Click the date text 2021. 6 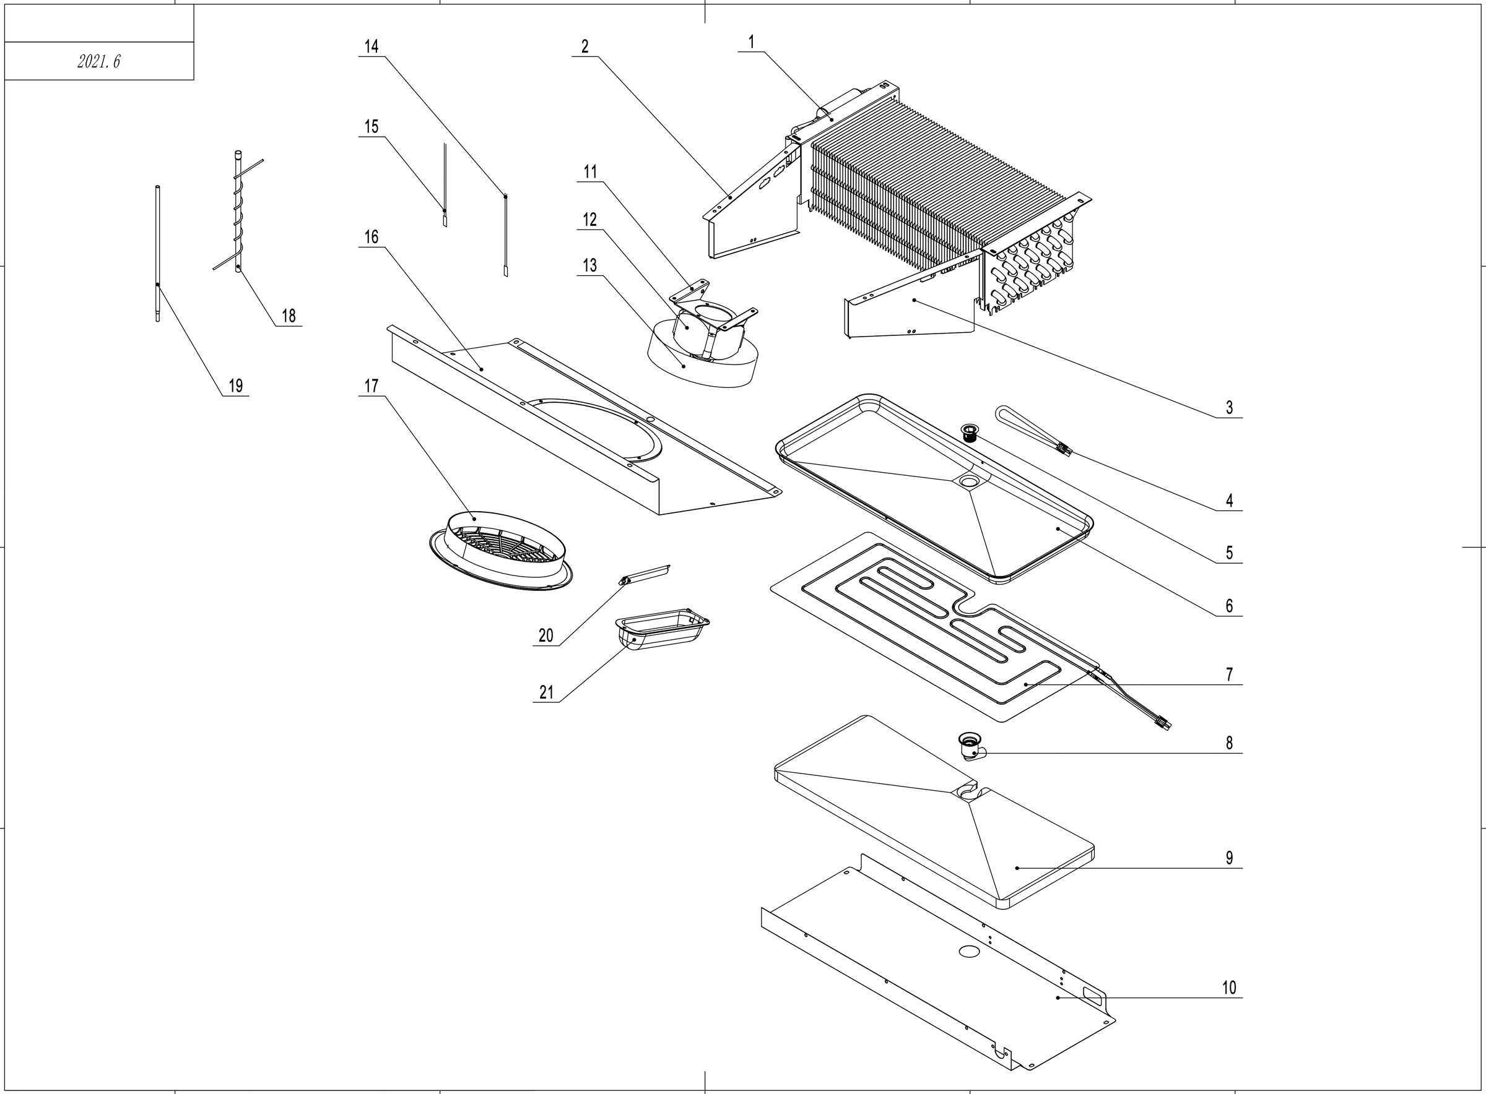point(98,62)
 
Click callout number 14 point(371,46)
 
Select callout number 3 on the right point(1229,407)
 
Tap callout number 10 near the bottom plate point(1229,988)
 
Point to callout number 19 point(235,385)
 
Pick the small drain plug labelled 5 point(971,433)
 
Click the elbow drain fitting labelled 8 point(971,746)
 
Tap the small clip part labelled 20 point(645,574)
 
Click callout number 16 point(371,237)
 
